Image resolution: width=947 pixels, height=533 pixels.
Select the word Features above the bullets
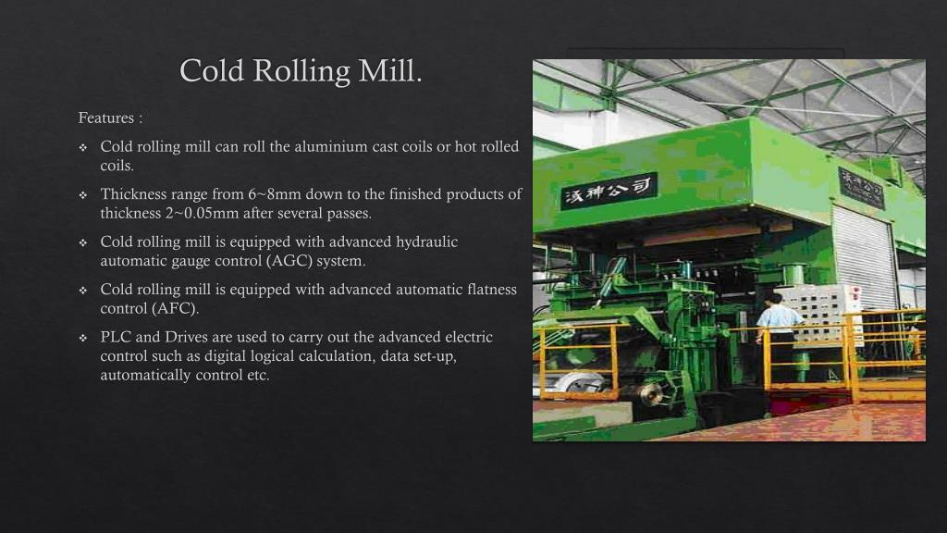tap(105, 118)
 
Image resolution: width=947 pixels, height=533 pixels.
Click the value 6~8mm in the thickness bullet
tap(275, 194)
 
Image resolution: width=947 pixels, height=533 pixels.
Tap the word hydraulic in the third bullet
tap(427, 242)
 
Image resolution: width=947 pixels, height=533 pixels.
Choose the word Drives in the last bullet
tap(185, 337)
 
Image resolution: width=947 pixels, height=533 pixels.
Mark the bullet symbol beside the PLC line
tap(82, 338)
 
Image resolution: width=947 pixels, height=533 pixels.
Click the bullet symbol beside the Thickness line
tap(82, 195)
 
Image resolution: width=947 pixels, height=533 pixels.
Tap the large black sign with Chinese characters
tap(609, 191)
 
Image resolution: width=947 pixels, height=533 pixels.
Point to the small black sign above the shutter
tap(860, 188)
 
